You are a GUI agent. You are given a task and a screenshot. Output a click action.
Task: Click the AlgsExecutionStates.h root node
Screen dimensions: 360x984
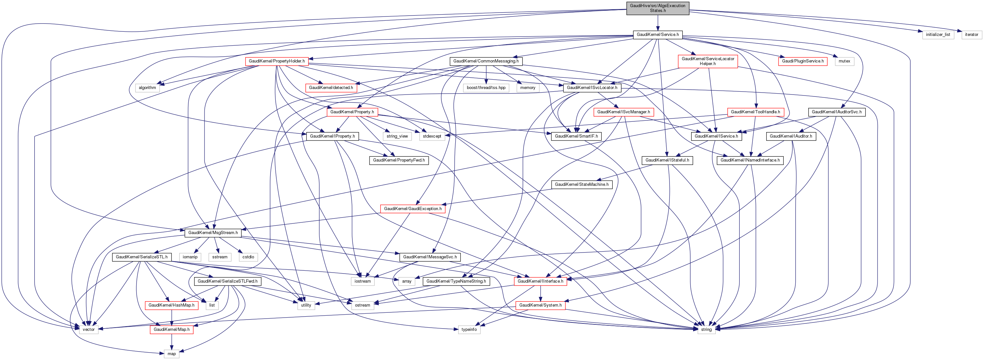[658, 8]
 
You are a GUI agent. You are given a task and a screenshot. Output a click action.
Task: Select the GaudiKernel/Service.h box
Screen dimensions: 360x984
[658, 34]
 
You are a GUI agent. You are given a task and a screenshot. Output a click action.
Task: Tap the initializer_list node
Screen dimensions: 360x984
[938, 34]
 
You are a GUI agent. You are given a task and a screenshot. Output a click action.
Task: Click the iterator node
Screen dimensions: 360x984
[971, 34]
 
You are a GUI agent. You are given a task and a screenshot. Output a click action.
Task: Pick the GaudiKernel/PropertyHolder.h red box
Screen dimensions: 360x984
[277, 61]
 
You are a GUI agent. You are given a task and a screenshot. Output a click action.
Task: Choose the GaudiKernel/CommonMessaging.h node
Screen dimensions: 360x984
[485, 61]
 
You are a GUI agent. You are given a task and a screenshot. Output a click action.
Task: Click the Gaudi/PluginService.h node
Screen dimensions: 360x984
[802, 61]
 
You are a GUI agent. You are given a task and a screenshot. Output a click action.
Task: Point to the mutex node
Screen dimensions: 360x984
[844, 61]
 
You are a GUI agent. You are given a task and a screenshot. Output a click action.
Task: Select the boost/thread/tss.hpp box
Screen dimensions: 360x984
[486, 87]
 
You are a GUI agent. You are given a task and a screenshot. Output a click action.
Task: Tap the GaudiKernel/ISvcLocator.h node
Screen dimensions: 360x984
[592, 87]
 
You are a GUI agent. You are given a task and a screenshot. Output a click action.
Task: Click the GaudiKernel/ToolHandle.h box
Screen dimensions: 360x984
[755, 112]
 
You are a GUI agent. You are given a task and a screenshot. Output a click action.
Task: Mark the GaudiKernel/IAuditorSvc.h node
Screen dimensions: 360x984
[836, 112]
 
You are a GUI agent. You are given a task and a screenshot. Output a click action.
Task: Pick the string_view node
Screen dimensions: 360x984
[397, 136]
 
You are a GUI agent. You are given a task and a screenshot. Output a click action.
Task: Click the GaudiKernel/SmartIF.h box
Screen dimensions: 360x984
[576, 136]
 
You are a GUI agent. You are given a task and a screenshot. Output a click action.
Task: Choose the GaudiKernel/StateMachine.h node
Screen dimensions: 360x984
[581, 185]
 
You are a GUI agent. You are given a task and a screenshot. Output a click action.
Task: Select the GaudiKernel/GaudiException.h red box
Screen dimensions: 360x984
[413, 209]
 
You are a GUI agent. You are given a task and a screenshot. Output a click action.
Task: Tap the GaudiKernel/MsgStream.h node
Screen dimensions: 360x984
[213, 233]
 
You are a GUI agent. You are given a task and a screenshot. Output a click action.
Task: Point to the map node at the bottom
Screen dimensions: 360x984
[171, 354]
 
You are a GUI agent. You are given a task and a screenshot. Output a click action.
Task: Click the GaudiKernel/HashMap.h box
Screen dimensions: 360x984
[171, 305]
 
